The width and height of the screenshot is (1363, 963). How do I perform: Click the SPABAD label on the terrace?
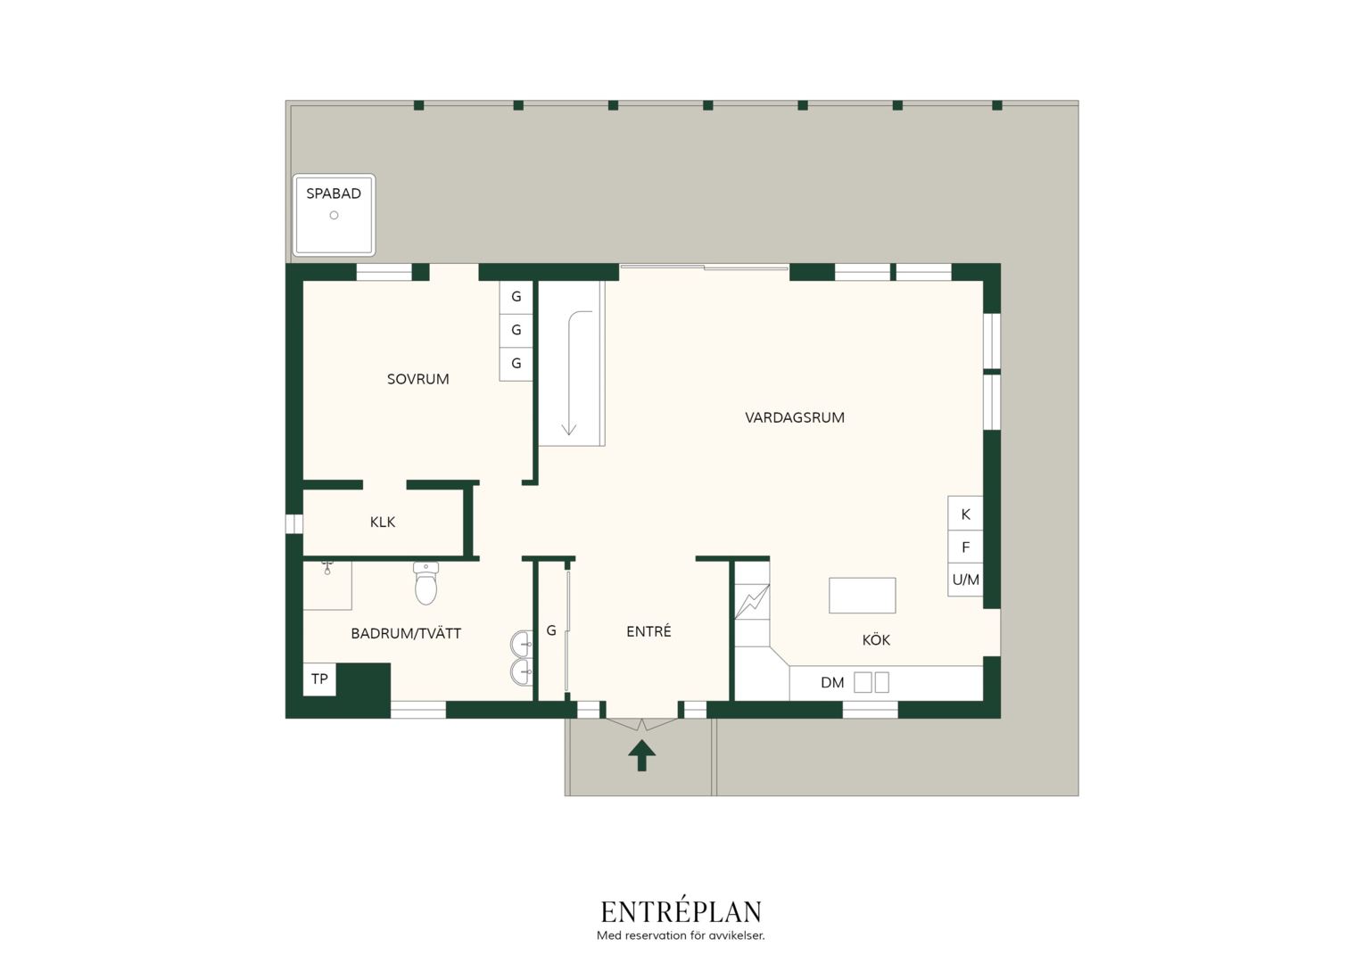(334, 193)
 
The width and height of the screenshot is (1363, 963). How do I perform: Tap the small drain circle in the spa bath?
(334, 216)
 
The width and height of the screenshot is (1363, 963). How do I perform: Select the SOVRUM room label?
(418, 379)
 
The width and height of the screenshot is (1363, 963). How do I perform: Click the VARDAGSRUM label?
(795, 417)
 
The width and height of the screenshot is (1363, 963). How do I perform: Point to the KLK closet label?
(383, 522)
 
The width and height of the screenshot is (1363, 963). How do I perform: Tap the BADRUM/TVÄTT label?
(406, 633)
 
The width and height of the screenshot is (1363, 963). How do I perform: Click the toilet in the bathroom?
(426, 583)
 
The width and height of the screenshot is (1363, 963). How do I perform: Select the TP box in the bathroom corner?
(319, 679)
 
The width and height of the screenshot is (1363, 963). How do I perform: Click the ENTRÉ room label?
(648, 631)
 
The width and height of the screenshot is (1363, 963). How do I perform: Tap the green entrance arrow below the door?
(642, 755)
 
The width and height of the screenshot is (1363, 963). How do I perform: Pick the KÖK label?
(876, 640)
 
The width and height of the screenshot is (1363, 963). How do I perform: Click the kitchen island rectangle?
(863, 595)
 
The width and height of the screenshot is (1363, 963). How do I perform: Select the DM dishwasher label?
(832, 682)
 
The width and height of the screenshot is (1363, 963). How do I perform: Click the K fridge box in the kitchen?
(965, 514)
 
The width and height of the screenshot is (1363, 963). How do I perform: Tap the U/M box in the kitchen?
(965, 580)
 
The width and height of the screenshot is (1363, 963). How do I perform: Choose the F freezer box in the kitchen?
(965, 547)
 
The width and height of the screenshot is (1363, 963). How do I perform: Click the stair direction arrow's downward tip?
(569, 435)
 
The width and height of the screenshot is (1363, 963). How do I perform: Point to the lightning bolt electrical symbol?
(753, 602)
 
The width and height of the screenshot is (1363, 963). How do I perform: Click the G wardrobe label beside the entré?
(551, 630)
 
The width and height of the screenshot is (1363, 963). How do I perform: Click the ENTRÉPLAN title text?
(681, 912)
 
